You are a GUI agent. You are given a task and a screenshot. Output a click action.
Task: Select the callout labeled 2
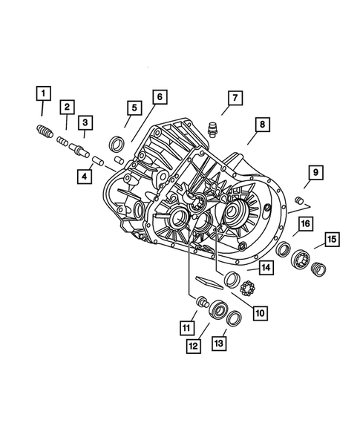point(66,108)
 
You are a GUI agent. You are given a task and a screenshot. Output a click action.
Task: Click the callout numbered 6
point(160,96)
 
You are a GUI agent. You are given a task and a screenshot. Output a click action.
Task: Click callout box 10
point(259,312)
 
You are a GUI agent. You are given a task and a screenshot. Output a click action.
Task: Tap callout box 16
point(304,223)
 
